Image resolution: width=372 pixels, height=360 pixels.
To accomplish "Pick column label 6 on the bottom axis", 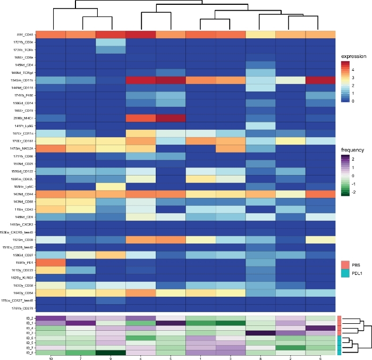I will [x=320, y=358].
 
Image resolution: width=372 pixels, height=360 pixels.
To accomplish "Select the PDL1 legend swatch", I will [x=344, y=272].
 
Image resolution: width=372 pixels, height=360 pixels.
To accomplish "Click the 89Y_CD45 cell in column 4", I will [x=141, y=35].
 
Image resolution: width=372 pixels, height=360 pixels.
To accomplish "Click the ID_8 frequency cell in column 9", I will [x=111, y=353].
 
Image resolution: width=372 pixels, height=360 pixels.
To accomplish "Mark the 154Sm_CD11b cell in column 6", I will [x=320, y=79].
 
